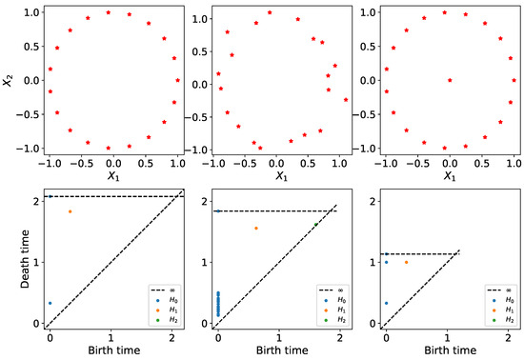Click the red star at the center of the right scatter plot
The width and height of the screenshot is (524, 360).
pyautogui.click(x=450, y=80)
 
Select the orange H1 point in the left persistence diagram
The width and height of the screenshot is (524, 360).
pyautogui.click(x=70, y=211)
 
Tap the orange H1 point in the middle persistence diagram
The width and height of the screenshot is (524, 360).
pyautogui.click(x=255, y=228)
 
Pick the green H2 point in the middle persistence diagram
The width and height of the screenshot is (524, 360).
pyautogui.click(x=316, y=225)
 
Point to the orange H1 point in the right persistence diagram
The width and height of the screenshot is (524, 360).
pyautogui.click(x=406, y=262)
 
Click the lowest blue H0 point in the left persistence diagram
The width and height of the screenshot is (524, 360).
pyautogui.click(x=50, y=303)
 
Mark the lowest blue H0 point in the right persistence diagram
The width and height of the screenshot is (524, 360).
pyautogui.click(x=386, y=303)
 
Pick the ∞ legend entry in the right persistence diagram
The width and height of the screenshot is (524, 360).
pyautogui.click(x=499, y=286)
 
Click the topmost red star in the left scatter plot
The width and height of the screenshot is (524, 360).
pyautogui.click(x=108, y=12)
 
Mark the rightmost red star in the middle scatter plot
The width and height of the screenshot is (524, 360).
pyautogui.click(x=346, y=100)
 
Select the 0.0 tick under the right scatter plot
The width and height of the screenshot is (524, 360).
pyautogui.click(x=449, y=163)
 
